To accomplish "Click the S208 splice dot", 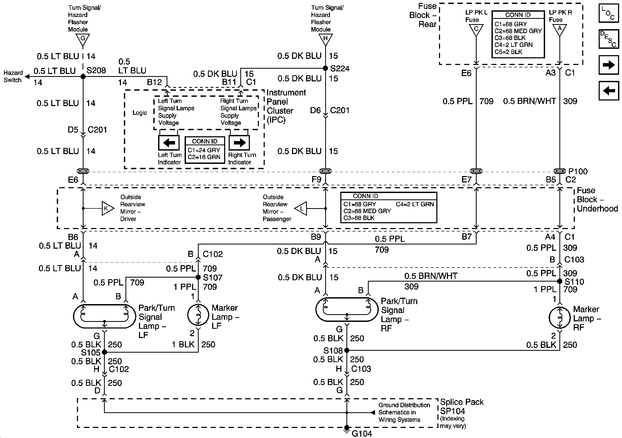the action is [83, 77].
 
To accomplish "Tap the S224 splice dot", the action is [326, 68].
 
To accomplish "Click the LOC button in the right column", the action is [609, 13].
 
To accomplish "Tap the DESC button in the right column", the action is [609, 39].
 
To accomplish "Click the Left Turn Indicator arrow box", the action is [169, 142].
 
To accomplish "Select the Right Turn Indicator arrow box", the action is [239, 142].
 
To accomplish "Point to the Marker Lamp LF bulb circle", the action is [198, 315].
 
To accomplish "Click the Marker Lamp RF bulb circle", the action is [560, 317].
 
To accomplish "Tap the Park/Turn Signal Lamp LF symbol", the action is [104, 316].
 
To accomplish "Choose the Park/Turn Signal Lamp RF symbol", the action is [347, 309].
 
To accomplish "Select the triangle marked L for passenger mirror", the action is [301, 209].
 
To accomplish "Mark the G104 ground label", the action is [362, 434].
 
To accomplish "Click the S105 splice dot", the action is [105, 352].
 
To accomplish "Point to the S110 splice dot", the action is [560, 281].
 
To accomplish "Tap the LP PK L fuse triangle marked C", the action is [476, 30].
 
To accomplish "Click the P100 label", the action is [578, 172].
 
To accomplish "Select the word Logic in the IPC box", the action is [140, 113].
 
